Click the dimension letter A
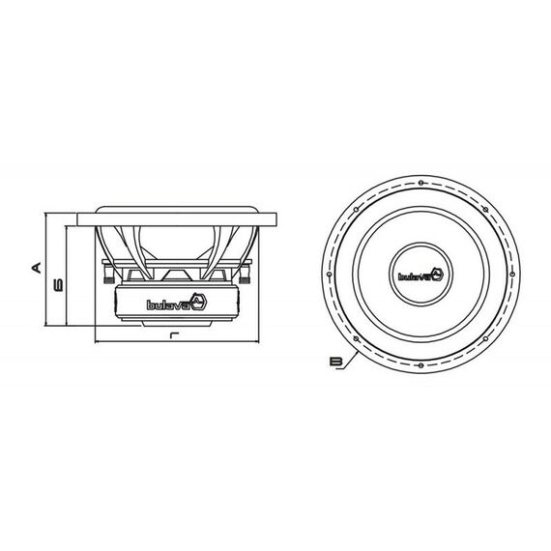37,268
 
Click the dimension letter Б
58,285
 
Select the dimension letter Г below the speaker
174,334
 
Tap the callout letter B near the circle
336,361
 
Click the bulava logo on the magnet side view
177,303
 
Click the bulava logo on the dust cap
420,275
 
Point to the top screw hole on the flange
420,183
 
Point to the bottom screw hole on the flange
420,365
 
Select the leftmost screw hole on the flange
330,275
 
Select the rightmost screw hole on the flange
512,275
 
